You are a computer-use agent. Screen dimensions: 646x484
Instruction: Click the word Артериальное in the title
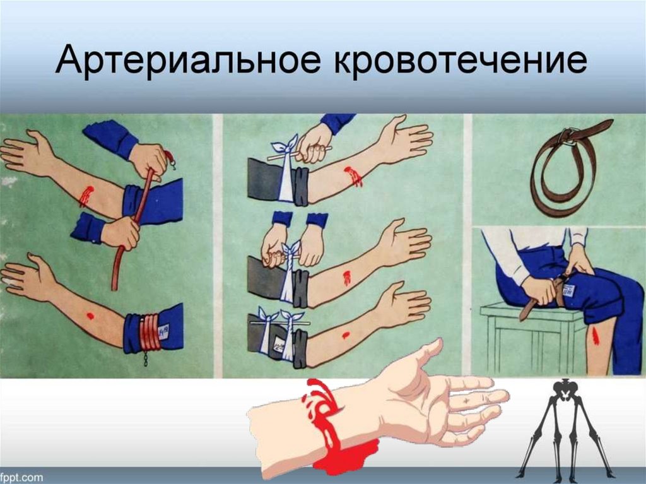point(187,61)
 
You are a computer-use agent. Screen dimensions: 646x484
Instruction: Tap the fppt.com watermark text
point(21,478)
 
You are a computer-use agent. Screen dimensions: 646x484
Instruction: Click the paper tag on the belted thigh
point(569,291)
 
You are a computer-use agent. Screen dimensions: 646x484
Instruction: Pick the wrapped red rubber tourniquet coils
point(150,333)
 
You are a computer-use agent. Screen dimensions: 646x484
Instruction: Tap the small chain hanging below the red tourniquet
point(146,358)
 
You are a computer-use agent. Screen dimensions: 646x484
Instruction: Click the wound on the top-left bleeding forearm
point(86,196)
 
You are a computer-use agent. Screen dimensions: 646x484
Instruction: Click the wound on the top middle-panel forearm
point(353,177)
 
